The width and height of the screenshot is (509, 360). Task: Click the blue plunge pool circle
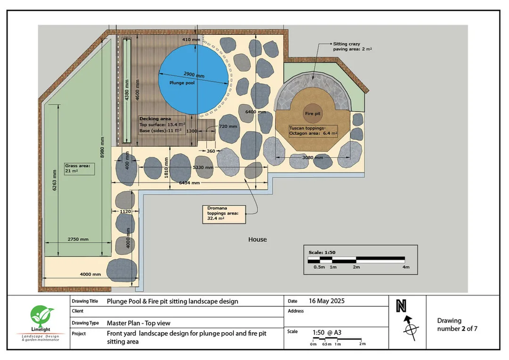click(194, 79)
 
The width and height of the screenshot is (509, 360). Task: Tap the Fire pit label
click(312, 114)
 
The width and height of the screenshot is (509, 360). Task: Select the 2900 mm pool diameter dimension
click(194, 74)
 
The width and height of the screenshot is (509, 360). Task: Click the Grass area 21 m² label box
click(79, 169)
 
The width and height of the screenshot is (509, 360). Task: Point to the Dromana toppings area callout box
click(224, 214)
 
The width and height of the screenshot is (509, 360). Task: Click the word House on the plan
click(257, 239)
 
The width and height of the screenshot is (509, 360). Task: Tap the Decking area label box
click(162, 125)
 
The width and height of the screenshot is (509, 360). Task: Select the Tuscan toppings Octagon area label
click(313, 131)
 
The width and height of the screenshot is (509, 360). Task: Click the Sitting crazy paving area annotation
click(352, 47)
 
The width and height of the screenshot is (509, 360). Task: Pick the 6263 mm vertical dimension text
click(55, 180)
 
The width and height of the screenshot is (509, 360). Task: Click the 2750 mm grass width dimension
click(78, 239)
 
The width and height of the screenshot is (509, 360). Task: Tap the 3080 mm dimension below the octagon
click(312, 158)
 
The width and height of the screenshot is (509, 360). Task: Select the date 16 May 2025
click(327, 301)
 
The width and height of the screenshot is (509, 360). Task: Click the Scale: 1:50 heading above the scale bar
click(322, 252)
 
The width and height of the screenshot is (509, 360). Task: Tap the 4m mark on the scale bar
click(406, 267)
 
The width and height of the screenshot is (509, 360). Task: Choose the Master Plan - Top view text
click(139, 323)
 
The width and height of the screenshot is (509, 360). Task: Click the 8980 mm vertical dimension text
click(102, 147)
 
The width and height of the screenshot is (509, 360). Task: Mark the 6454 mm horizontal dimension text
click(189, 183)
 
